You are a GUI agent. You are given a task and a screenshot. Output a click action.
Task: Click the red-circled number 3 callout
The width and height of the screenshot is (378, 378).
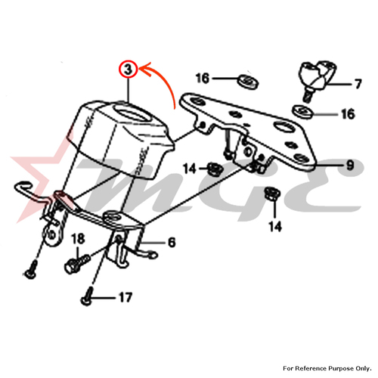[129, 70]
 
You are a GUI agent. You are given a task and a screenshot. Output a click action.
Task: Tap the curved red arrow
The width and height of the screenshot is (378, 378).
[165, 81]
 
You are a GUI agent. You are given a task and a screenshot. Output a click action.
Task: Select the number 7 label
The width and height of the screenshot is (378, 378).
[358, 84]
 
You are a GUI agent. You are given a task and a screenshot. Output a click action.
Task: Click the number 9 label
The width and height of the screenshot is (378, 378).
[350, 166]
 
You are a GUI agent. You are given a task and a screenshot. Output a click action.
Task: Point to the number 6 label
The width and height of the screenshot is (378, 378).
[172, 243]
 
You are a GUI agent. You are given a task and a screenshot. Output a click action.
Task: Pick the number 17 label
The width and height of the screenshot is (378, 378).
[125, 298]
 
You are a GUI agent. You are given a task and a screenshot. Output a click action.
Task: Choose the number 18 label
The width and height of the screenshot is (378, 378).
[78, 239]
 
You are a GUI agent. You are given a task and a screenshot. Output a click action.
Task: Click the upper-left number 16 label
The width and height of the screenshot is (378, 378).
[203, 78]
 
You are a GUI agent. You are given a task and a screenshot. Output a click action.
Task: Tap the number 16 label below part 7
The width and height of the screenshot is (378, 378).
[348, 114]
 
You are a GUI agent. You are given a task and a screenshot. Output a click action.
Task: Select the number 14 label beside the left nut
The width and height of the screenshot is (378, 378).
[190, 169]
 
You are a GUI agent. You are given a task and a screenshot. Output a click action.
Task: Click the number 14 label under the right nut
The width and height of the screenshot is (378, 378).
[275, 227]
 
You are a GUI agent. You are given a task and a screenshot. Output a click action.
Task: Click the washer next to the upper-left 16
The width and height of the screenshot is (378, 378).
[248, 81]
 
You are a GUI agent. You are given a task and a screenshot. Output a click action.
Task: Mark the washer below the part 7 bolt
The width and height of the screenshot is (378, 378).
[302, 111]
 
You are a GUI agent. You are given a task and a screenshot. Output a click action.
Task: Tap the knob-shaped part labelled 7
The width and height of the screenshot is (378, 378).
[317, 79]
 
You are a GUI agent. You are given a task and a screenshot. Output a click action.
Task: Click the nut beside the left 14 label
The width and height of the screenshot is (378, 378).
[214, 169]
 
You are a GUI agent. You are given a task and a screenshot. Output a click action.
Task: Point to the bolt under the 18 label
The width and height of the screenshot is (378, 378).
[76, 263]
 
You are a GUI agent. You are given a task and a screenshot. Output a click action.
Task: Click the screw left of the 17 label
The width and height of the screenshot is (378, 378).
[86, 297]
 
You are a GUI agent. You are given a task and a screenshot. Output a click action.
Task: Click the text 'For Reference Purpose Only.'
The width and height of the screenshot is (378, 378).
[327, 368]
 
